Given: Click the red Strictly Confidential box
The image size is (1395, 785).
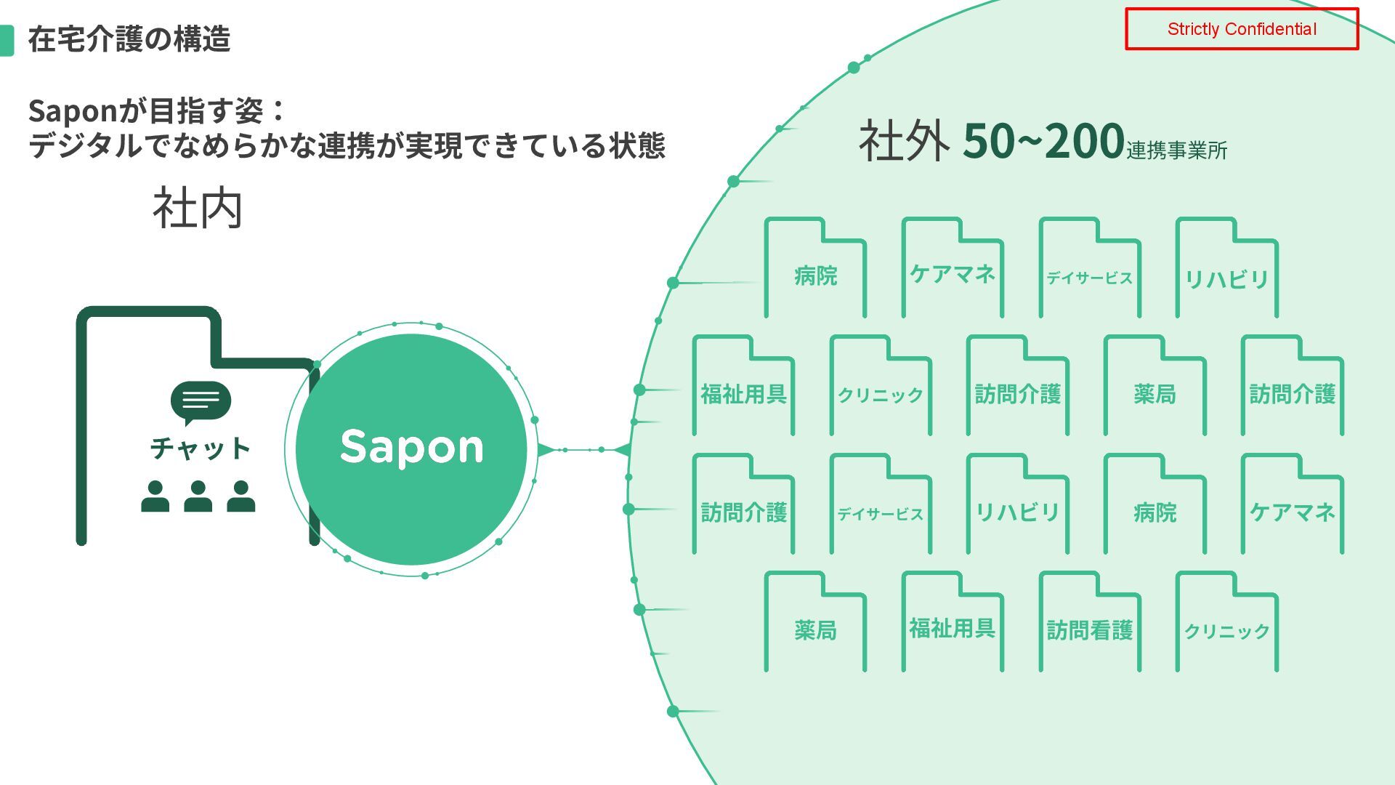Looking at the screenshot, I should click(x=1241, y=29).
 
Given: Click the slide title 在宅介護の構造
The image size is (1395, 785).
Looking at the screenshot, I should click(x=129, y=39).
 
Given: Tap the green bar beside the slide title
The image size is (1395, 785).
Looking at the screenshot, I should click(x=7, y=40).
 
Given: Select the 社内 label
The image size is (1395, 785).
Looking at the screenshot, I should click(x=197, y=209).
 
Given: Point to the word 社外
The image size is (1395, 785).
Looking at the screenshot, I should click(x=903, y=141).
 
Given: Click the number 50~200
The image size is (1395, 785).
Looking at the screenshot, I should click(x=1043, y=141).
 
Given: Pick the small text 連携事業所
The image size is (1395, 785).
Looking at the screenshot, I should click(x=1176, y=150).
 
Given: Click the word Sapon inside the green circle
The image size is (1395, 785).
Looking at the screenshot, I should click(x=411, y=446).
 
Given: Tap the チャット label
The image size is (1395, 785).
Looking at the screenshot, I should click(x=200, y=448).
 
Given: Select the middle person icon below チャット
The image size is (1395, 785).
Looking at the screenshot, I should click(x=198, y=496).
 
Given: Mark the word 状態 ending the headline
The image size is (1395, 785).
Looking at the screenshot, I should click(x=636, y=145).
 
